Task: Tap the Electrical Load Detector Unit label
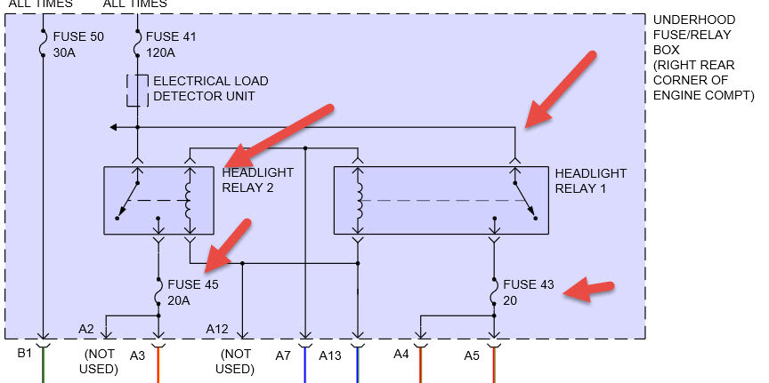coord(210,88)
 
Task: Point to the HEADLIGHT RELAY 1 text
coord(590,180)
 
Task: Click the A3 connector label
coord(138,355)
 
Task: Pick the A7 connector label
coord(283,355)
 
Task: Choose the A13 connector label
coord(331,355)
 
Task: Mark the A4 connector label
coord(403,355)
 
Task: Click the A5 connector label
coord(472,355)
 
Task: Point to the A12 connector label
coord(219,329)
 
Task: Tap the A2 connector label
coord(86,329)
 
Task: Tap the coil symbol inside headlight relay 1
coord(358,200)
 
